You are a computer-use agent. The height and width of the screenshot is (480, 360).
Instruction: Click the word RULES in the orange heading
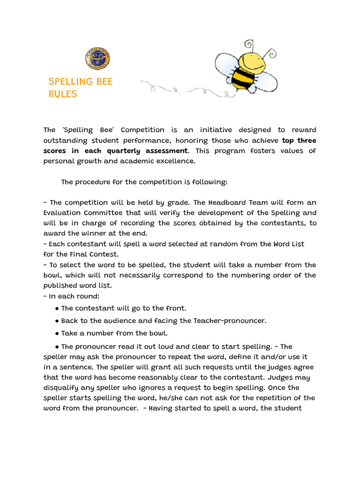(62, 94)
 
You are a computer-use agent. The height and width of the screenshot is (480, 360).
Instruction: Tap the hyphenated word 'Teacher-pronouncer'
(226, 321)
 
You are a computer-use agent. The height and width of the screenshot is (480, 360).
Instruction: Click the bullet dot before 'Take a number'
(57, 334)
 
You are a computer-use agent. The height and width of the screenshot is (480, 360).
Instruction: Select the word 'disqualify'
(61, 388)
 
